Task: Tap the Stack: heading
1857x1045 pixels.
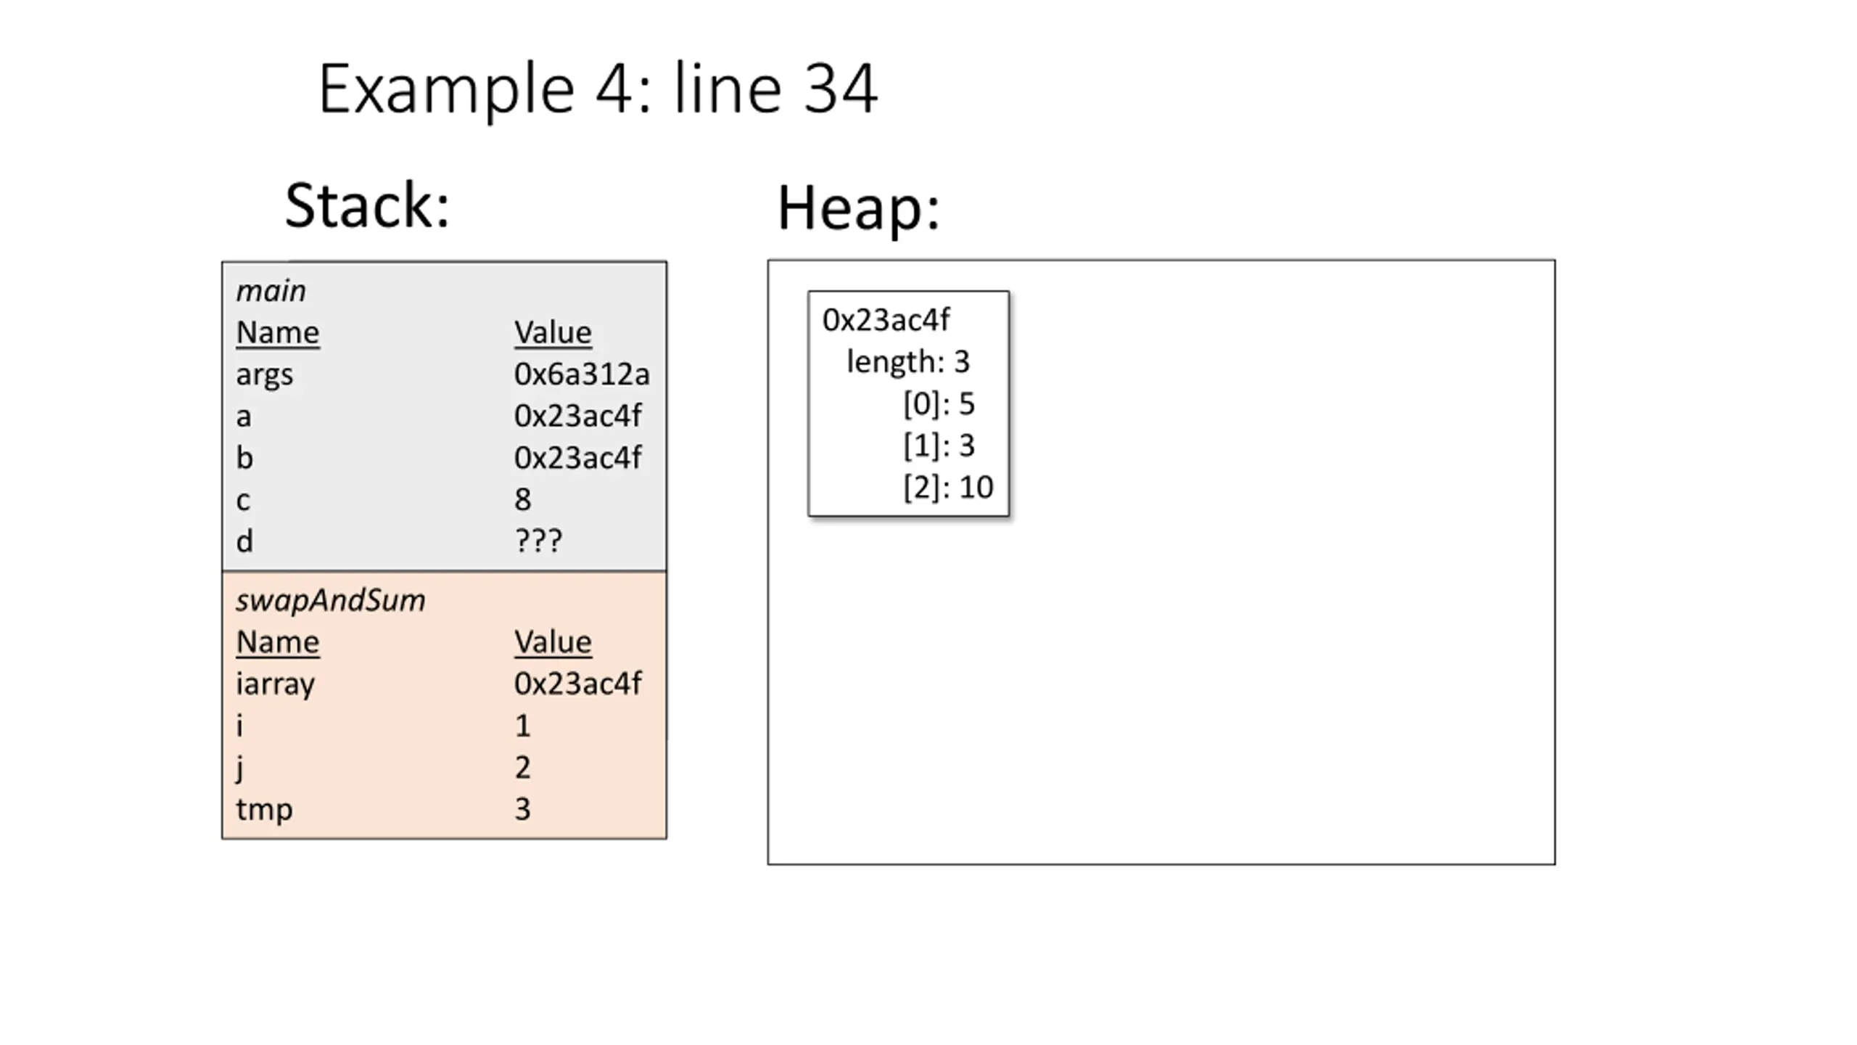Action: [x=367, y=206]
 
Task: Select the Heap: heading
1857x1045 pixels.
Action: [x=858, y=208]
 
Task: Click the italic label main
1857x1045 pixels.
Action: [x=271, y=291]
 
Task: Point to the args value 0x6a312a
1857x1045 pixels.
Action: [x=582, y=374]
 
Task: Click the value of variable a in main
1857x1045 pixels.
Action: [x=577, y=416]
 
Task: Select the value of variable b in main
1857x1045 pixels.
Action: [x=577, y=458]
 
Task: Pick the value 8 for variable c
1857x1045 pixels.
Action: [x=522, y=499]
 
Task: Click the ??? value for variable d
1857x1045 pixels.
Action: [x=538, y=541]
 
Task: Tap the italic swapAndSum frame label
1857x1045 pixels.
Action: [x=330, y=601]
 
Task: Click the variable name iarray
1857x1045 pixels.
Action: [x=275, y=684]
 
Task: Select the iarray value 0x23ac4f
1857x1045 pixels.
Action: [x=577, y=684]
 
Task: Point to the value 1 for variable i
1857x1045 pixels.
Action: [x=522, y=726]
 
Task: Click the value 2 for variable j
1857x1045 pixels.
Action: [x=522, y=767]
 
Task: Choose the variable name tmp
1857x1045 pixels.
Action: [x=264, y=810]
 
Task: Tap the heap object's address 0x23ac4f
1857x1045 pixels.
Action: [x=886, y=320]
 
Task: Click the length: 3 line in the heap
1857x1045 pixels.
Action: [x=907, y=361]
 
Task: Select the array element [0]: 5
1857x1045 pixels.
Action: [x=939, y=403]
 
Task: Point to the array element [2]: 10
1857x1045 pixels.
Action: [x=948, y=487]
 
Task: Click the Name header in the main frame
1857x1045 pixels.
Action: [x=277, y=333]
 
